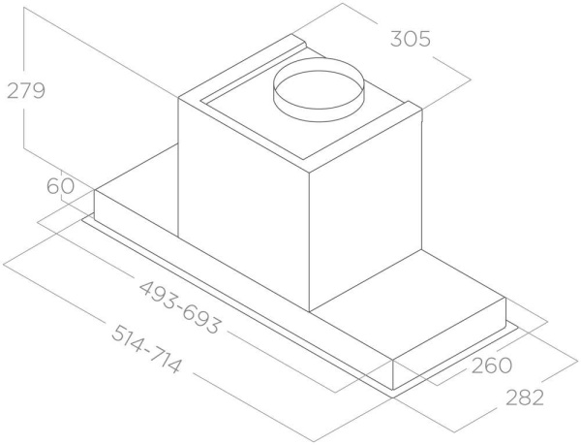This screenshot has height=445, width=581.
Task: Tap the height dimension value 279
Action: (26, 91)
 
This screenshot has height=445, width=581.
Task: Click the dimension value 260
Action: (492, 366)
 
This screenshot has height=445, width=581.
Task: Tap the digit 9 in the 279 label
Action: (38, 91)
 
